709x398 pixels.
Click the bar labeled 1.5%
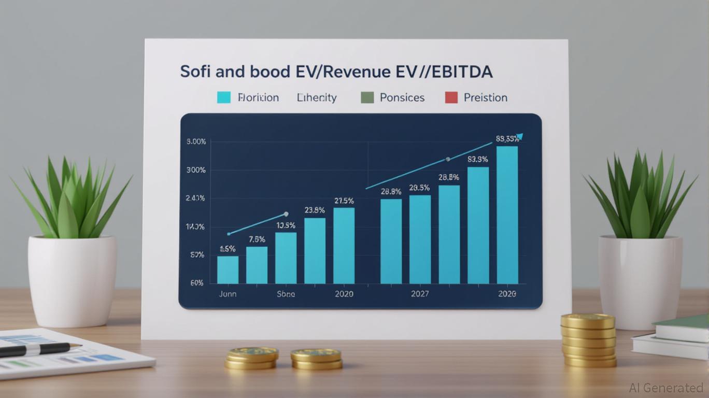228,269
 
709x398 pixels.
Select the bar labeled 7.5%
257,265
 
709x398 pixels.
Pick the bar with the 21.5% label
344,245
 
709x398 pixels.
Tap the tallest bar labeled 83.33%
507,215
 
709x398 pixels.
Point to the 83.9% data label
477,160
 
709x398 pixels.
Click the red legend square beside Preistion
451,97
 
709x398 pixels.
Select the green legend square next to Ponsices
367,97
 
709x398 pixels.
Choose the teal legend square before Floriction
223,97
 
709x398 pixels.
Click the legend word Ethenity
317,97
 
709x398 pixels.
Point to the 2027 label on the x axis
420,294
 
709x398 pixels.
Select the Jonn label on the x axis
228,294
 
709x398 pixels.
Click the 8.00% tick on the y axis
195,141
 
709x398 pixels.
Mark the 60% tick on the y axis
196,283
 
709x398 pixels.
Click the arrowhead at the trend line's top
519,137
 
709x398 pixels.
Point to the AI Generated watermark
666,388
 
